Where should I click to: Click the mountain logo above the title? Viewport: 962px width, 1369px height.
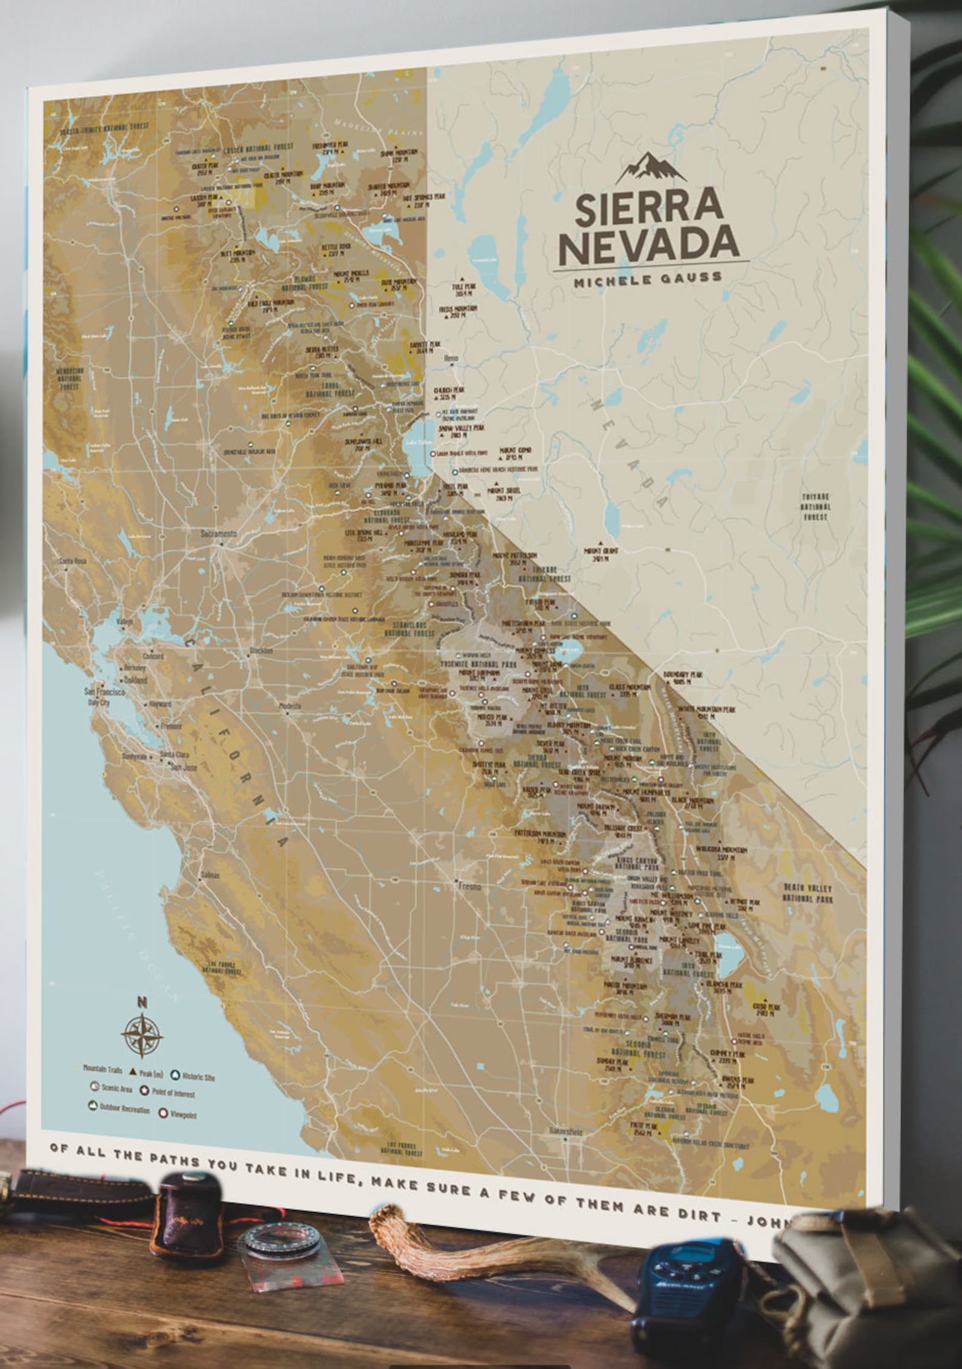tap(651, 168)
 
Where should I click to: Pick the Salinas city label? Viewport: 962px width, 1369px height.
tap(210, 876)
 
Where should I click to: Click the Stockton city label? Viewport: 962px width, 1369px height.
tap(261, 651)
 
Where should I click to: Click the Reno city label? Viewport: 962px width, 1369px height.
tap(452, 359)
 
